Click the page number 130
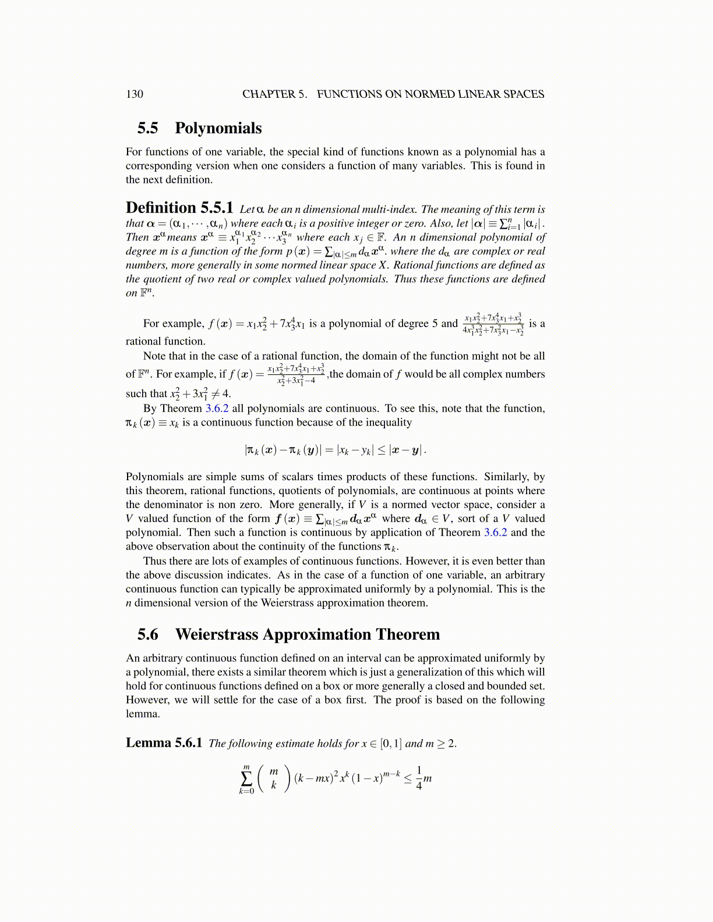click(x=134, y=94)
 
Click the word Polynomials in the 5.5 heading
click(x=218, y=128)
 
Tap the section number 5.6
click(x=148, y=634)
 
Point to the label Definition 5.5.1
click(x=179, y=208)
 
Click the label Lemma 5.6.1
click(x=164, y=743)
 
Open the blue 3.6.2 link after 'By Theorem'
click(x=217, y=409)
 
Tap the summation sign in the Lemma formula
click(x=246, y=779)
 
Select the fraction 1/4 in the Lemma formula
click(x=419, y=779)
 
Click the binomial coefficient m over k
click(x=274, y=779)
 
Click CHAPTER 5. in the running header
click(x=274, y=94)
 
